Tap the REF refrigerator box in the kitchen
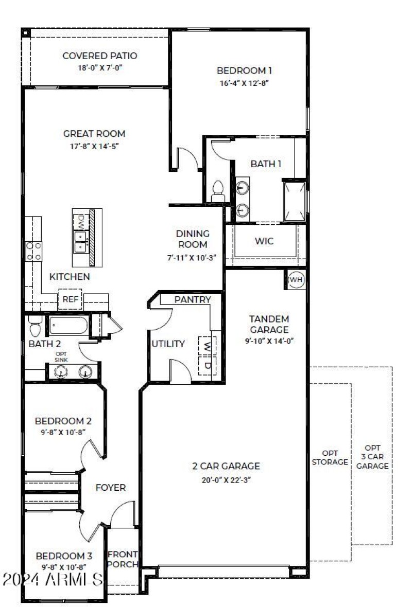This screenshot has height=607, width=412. pos(70,299)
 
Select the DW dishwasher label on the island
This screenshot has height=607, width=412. pos(81,222)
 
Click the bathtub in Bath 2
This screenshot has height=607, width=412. pos(68,326)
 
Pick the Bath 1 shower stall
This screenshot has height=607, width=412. pos(294,200)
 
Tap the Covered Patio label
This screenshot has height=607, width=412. pos(99,56)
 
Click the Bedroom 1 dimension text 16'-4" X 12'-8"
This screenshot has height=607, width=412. pos(244,82)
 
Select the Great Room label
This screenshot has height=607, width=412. pos(94,134)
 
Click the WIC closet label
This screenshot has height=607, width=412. pos(264,241)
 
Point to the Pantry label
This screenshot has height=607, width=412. pos(192,299)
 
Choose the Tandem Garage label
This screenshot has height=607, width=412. pos(269,324)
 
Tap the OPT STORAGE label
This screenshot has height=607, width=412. pos(330,457)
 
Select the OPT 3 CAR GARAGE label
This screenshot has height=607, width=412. pos(372,457)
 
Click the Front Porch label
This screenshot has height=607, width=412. pos(123,559)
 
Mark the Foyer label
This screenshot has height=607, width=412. pos(110,487)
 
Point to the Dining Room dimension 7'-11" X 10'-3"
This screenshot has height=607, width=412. pos(192,257)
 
